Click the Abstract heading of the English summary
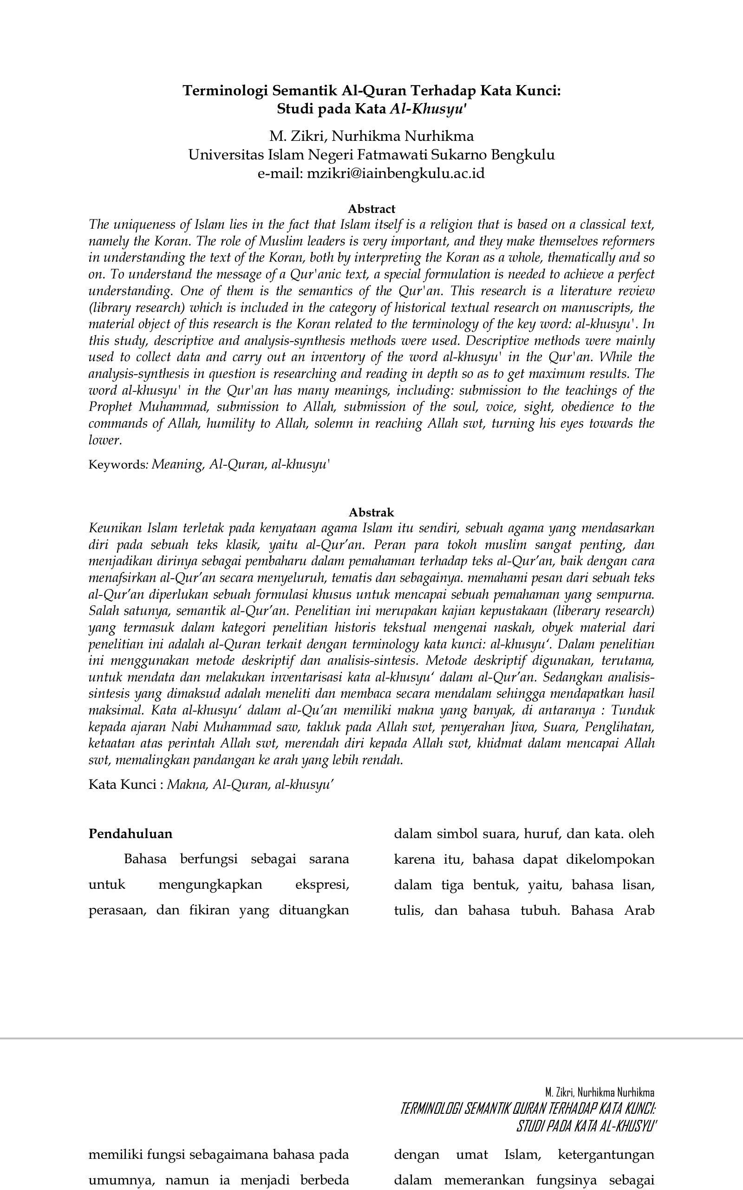(371, 209)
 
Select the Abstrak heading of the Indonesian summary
(371, 512)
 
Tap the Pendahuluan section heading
(130, 833)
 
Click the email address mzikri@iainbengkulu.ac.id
(396, 173)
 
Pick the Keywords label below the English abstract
(117, 464)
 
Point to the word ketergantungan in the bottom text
(606, 1155)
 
